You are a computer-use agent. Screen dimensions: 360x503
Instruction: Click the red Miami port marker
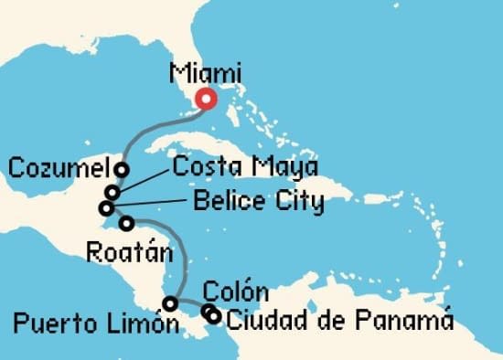point(207,101)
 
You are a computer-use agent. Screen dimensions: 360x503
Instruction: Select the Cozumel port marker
point(121,169)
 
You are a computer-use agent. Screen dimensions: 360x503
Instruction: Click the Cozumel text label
point(60,168)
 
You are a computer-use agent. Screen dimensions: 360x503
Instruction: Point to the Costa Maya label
point(245,167)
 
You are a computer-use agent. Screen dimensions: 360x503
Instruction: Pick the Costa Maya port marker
point(112,192)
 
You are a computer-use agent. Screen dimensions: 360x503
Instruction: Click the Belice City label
point(258,201)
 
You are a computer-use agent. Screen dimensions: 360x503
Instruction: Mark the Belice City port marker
point(106,208)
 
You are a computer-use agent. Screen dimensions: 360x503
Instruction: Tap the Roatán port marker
point(126,223)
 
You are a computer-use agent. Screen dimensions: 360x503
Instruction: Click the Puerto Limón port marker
point(170,302)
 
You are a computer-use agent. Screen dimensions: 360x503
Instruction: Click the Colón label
point(235,293)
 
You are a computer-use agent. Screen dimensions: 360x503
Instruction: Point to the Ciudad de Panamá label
point(339,320)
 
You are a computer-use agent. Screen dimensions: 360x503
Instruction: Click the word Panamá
point(409,320)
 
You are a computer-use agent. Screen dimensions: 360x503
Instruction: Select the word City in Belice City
point(294,201)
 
